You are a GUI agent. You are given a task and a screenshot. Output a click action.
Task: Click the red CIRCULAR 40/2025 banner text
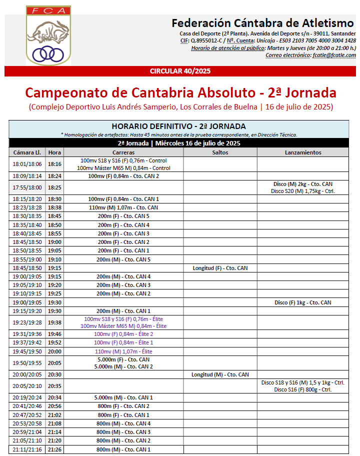(x=180, y=71)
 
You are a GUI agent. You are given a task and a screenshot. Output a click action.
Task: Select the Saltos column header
(x=220, y=152)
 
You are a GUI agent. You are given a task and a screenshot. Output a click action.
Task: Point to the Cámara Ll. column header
(x=27, y=152)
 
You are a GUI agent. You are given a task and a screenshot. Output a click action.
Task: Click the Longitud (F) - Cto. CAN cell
(x=220, y=268)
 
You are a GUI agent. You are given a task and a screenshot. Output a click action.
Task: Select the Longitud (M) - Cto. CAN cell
(x=220, y=374)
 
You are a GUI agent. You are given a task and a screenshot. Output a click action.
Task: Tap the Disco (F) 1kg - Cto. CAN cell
(x=302, y=302)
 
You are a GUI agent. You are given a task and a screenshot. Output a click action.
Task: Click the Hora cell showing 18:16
(x=54, y=164)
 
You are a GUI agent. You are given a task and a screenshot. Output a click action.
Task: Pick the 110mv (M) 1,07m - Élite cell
(x=123, y=351)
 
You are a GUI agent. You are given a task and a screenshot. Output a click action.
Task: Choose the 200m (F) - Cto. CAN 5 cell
(x=123, y=216)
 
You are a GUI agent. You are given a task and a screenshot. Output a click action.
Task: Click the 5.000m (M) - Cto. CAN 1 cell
(x=123, y=397)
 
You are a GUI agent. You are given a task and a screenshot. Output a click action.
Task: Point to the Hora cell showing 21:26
(x=54, y=449)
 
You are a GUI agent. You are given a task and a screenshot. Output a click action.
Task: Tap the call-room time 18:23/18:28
(x=27, y=207)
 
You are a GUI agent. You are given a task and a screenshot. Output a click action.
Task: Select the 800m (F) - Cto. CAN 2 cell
(x=123, y=406)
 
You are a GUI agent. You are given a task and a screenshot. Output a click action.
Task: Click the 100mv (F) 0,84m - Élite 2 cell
(x=123, y=334)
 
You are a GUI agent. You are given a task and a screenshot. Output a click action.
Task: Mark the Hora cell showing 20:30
(x=54, y=374)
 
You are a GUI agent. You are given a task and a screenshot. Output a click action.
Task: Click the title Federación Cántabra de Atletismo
(x=263, y=23)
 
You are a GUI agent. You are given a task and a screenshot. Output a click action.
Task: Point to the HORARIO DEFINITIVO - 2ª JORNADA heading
(x=178, y=126)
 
